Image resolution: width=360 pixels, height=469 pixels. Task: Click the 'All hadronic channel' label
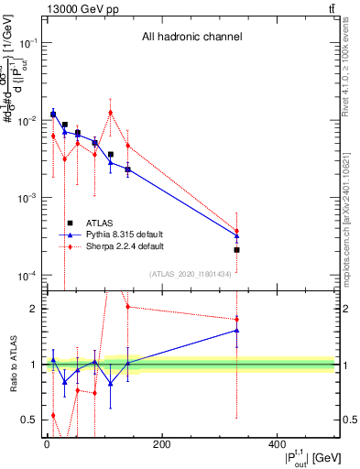click(191, 38)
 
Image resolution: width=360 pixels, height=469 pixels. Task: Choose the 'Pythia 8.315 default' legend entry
click(125, 234)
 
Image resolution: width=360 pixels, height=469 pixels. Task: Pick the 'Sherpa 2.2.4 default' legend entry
click(125, 246)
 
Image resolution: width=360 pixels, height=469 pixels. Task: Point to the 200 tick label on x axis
click(162, 446)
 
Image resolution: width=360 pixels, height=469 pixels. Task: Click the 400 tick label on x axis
click(278, 446)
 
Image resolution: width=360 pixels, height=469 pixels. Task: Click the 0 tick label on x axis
click(47, 446)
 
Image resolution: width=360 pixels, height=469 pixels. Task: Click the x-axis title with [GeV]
click(301, 458)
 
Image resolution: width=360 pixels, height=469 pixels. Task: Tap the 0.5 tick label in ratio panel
click(30, 420)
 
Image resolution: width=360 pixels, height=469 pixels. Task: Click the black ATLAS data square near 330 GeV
click(236, 249)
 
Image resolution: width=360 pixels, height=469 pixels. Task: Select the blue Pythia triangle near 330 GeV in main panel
click(236, 235)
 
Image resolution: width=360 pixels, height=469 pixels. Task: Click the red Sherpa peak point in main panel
click(111, 113)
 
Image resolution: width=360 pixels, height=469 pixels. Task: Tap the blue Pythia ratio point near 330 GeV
click(236, 330)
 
